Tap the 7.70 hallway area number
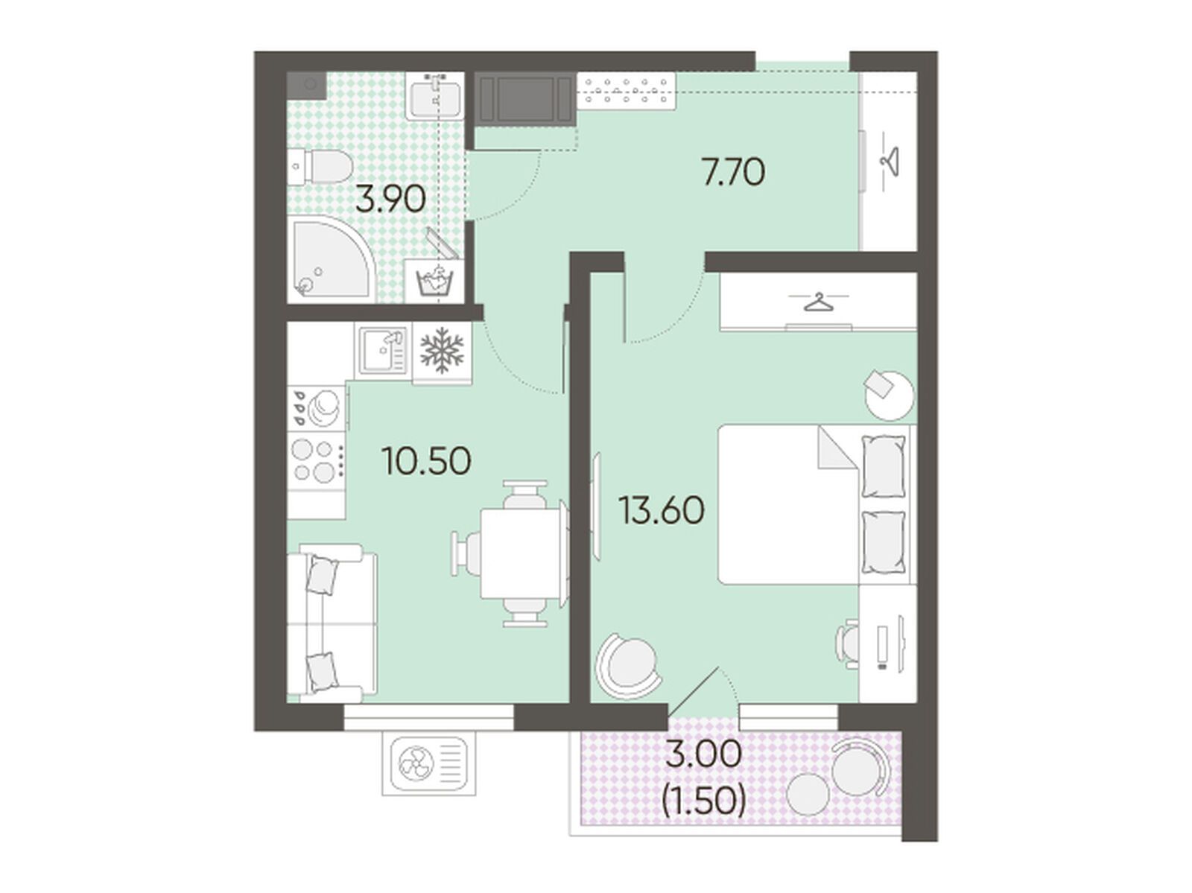(x=734, y=172)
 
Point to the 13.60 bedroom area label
(x=662, y=510)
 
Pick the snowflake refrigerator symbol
(x=442, y=349)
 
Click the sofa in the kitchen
(x=332, y=620)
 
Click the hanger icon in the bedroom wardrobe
(x=818, y=302)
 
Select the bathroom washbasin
(x=434, y=95)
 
